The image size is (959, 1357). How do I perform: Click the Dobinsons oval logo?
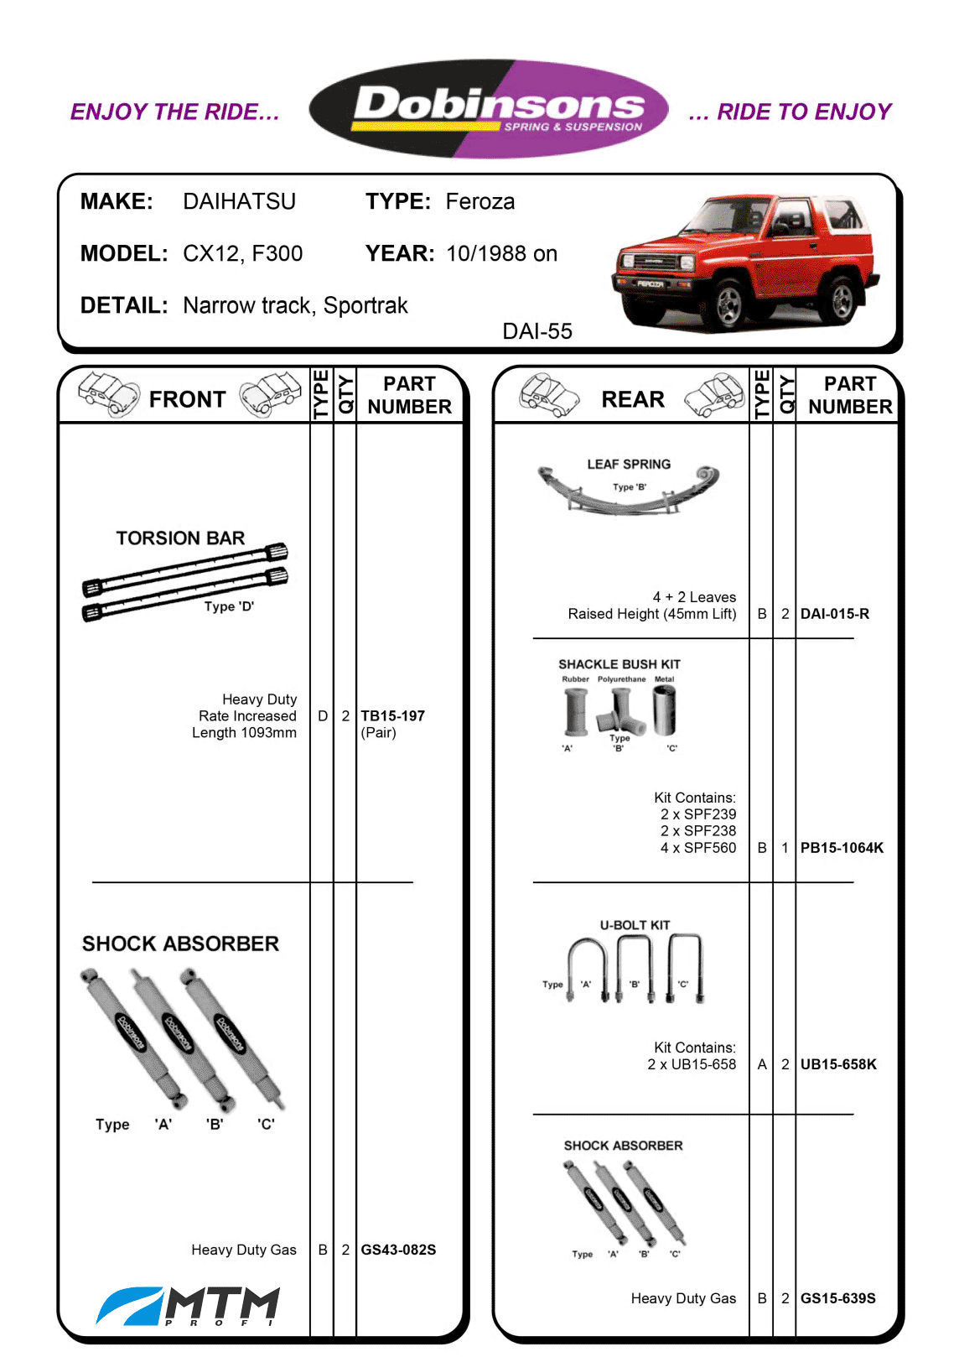pos(489,109)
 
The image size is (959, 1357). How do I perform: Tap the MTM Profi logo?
pos(188,1306)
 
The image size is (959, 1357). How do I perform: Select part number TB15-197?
pos(393,715)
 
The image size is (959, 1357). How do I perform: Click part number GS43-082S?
pos(398,1249)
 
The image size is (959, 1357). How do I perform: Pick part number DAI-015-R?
pos(835,614)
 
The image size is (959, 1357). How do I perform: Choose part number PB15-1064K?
pos(842,848)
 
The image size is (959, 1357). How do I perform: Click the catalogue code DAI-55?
pos(537,331)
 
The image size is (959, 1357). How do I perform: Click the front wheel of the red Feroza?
pos(729,304)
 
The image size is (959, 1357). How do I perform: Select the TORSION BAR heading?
pos(180,538)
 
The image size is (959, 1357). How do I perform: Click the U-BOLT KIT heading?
pos(635,925)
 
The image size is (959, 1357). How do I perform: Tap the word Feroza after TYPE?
pos(480,201)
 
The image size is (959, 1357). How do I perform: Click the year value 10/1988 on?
pos(502,253)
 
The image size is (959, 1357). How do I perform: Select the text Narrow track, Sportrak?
pos(295,305)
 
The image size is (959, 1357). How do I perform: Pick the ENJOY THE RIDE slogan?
pos(175,112)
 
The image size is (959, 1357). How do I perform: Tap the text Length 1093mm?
pos(244,732)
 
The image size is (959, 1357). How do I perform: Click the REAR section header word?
pos(633,399)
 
